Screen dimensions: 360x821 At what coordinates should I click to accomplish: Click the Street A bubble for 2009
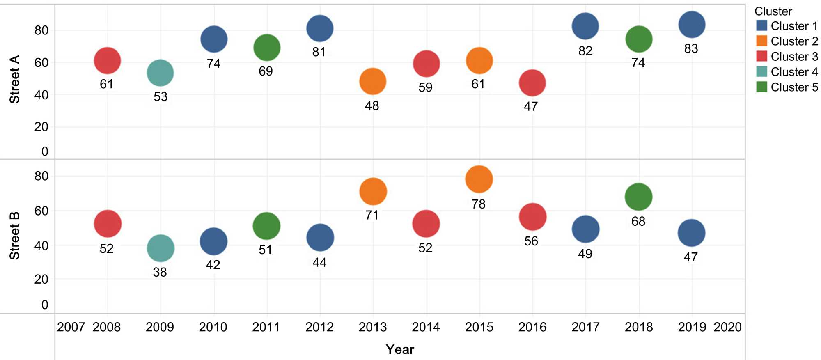[x=160, y=73]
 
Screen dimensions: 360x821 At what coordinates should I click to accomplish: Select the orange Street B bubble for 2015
[x=479, y=179]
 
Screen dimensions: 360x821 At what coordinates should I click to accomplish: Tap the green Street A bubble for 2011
[x=267, y=48]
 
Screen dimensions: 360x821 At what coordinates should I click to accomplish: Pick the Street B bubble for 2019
[x=692, y=233]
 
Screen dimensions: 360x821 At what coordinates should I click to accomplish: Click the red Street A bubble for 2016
[x=532, y=83]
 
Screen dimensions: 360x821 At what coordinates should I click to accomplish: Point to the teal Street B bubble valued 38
[x=161, y=248]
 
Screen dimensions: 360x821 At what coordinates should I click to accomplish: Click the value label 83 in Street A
[x=691, y=49]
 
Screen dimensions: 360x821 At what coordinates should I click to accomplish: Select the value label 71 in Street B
[x=372, y=215]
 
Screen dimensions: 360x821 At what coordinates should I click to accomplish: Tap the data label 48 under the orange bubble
[x=372, y=106]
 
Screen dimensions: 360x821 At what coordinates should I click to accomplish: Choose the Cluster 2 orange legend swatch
[x=761, y=41]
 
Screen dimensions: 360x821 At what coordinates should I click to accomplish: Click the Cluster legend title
[x=773, y=11]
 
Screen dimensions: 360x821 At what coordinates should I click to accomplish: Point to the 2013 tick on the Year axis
[x=373, y=327]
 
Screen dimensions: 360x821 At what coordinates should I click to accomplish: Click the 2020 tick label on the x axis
[x=727, y=327]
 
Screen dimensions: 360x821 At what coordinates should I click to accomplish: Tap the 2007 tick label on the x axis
[x=71, y=327]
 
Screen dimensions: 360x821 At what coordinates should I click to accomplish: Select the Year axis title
[x=400, y=349]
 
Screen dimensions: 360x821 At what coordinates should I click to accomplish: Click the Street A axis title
[x=15, y=79]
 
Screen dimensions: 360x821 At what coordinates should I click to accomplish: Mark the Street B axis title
[x=15, y=236]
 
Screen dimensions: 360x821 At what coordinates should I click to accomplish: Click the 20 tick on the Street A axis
[x=41, y=127]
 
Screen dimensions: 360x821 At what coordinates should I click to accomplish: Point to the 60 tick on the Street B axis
[x=41, y=211]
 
